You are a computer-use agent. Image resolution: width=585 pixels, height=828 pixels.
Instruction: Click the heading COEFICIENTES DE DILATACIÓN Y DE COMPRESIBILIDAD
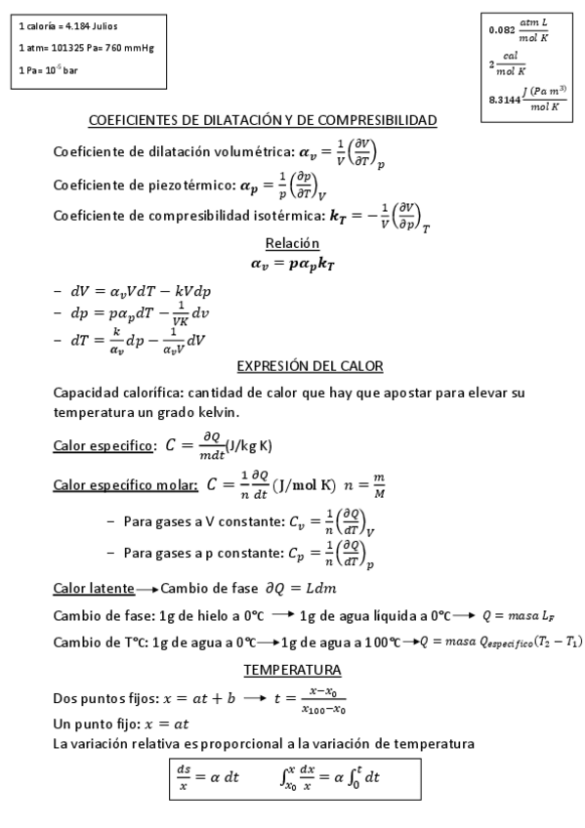tap(262, 120)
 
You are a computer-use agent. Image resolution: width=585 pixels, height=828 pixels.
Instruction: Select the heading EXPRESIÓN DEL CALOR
tap(310, 366)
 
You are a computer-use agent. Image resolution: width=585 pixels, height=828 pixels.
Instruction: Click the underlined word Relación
tap(292, 242)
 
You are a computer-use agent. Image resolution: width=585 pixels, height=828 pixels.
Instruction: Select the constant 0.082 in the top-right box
tap(502, 30)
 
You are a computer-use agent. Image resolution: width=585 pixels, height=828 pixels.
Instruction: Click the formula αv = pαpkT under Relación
tap(292, 262)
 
